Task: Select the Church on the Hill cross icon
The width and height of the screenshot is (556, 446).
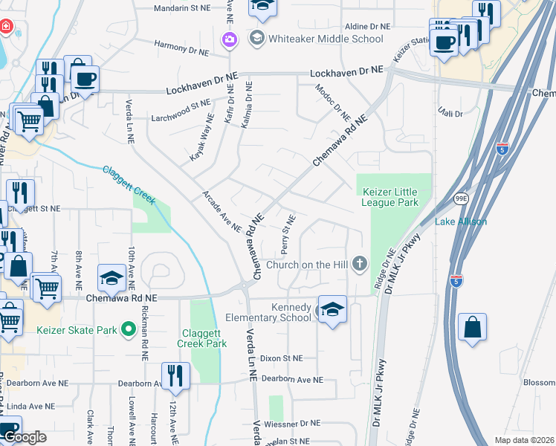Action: tap(360, 264)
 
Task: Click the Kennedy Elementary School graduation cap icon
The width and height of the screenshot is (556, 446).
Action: tap(332, 309)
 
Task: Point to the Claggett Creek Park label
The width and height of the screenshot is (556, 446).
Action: tap(202, 338)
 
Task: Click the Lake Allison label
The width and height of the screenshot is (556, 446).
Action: tap(461, 222)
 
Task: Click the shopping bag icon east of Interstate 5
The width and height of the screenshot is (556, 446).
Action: tap(473, 327)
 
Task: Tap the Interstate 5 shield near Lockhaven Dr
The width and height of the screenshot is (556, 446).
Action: tap(503, 147)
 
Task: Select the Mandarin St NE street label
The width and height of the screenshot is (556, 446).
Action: tap(182, 9)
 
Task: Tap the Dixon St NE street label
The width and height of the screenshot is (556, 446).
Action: tap(282, 358)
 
